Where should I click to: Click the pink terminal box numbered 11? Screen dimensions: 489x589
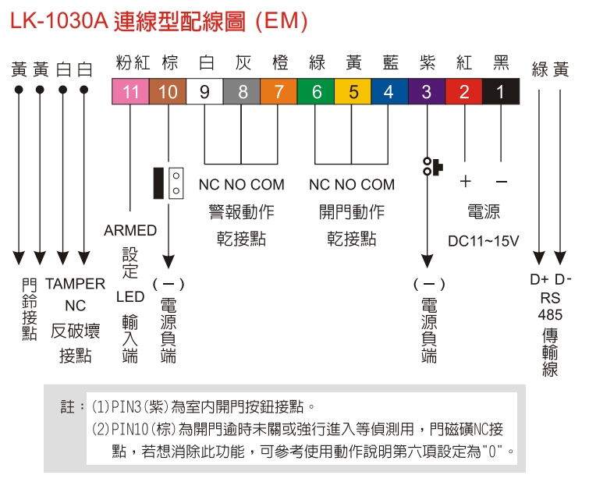(130, 92)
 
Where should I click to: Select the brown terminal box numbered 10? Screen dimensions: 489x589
(168, 92)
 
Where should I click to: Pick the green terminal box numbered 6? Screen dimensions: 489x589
(317, 92)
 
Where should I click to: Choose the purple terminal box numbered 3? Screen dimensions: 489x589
(426, 92)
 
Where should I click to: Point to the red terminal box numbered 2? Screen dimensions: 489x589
(464, 92)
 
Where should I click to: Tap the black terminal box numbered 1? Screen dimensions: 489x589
(500, 92)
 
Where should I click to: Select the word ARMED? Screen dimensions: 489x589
(130, 231)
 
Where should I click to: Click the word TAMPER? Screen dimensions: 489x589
(75, 283)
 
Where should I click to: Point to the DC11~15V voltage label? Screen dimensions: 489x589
(483, 240)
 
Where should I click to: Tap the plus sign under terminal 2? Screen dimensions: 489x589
(465, 182)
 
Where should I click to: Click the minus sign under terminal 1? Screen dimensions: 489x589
(501, 182)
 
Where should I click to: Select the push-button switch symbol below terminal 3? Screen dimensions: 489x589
(431, 166)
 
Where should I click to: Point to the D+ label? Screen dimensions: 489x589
(539, 280)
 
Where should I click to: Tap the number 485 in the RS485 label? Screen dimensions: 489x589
(550, 314)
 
